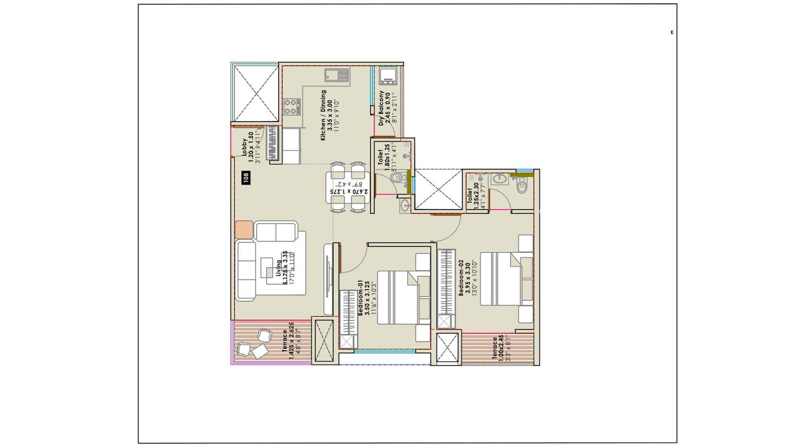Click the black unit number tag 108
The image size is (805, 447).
[x=246, y=177]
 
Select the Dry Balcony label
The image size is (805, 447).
[x=387, y=108]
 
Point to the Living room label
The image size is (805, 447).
[x=285, y=269]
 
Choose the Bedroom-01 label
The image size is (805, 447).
[x=367, y=298]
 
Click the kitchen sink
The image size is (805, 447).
[x=337, y=75]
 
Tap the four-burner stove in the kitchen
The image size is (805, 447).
[x=291, y=107]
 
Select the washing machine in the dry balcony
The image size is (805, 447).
[x=389, y=76]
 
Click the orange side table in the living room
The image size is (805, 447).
[x=244, y=229]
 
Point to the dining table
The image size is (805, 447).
[x=348, y=187]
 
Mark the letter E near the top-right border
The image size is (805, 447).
[x=672, y=33]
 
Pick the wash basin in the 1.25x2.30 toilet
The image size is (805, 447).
[x=500, y=179]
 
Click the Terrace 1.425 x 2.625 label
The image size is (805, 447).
[x=288, y=341]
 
